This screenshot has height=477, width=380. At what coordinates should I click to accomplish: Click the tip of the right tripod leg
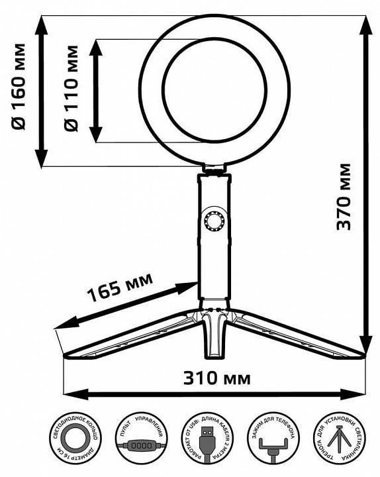tap(363, 354)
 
